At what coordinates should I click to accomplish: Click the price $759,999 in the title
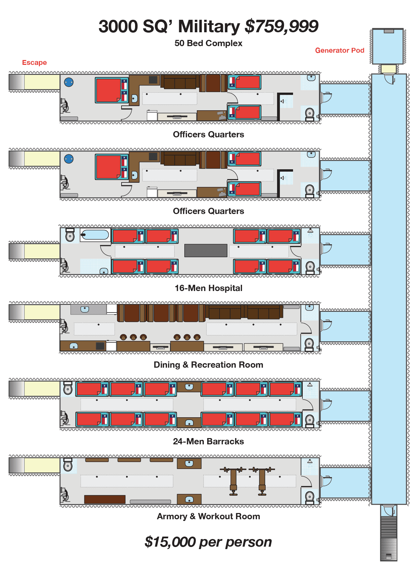coord(281,26)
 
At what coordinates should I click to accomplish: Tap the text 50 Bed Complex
coord(208,43)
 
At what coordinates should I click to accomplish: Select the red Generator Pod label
coord(340,50)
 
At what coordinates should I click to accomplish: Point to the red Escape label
coord(34,62)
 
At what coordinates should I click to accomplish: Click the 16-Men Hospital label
coord(208,288)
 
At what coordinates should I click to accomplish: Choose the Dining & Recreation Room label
coord(208,365)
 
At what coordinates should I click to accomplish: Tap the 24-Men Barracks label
coord(208,442)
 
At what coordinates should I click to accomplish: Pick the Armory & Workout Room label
coord(208,516)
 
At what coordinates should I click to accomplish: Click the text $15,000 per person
coord(208,542)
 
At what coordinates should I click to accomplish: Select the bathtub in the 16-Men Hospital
coord(95,235)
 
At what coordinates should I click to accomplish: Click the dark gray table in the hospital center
coord(206,250)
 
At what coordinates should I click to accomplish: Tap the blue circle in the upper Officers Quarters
coord(69,82)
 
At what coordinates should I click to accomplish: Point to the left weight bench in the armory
coord(233,480)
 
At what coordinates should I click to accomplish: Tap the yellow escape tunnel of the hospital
coord(42,251)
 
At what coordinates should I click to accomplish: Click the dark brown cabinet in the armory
coord(105,499)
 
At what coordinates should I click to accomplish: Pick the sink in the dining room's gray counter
coord(85,309)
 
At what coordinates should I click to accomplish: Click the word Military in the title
coord(209,26)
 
